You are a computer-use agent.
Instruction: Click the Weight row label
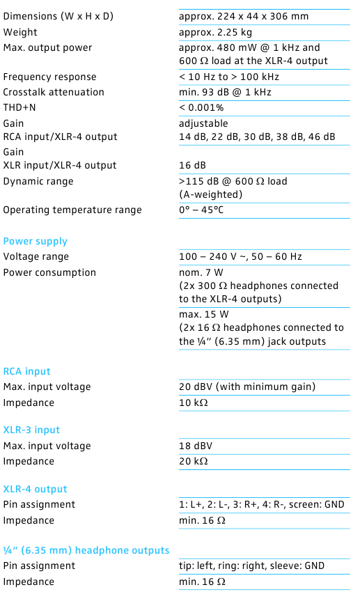[x=21, y=32]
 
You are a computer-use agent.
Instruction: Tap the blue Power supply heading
[x=36, y=242]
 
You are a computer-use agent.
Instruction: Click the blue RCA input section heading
[x=27, y=371]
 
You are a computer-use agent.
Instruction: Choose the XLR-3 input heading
[x=32, y=430]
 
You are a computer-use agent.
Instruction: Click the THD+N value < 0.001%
[x=201, y=108]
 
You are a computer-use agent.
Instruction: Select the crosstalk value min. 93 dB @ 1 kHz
[x=225, y=92]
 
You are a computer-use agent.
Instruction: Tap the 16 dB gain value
[x=192, y=165]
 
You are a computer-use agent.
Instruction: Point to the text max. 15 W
[x=201, y=315]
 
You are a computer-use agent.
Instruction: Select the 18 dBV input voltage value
[x=196, y=446]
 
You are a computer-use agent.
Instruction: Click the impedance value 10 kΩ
[x=194, y=403]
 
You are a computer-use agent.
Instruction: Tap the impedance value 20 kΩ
[x=194, y=461]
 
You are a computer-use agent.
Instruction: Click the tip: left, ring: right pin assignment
[x=251, y=565]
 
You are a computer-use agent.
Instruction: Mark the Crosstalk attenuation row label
[x=54, y=92]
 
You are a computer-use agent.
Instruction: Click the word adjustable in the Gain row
[x=203, y=123]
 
